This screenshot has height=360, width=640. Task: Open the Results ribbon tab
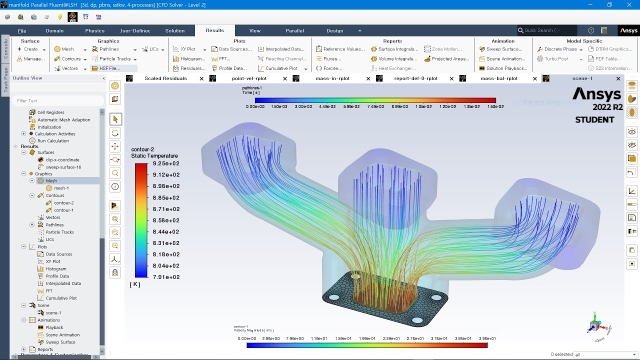[214, 30]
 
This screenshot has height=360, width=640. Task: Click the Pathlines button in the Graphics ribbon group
[109, 49]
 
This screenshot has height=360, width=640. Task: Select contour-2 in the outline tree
[63, 203]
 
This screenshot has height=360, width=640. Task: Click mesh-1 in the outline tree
[61, 188]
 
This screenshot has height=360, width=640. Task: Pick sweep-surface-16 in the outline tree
[63, 167]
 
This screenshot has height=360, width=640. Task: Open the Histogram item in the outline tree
[55, 269]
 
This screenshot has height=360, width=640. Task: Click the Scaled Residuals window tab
[165, 78]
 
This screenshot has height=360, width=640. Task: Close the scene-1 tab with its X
[618, 78]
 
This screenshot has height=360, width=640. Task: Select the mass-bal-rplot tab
[499, 78]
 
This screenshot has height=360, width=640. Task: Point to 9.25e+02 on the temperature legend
[165, 163]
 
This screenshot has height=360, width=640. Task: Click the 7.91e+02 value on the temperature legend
[165, 277]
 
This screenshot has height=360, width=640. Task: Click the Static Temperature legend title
[154, 156]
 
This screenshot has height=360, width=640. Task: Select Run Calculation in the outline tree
[53, 141]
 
